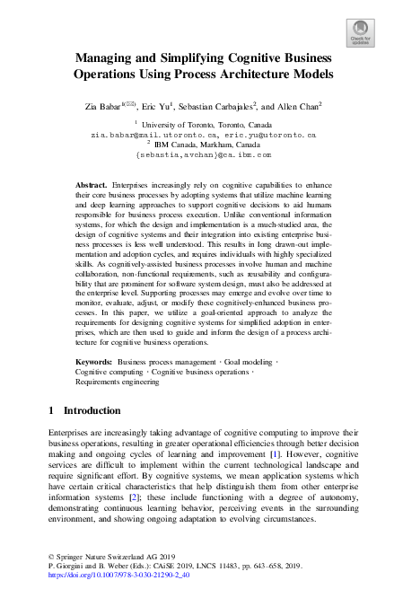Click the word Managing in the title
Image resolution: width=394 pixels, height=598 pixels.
coord(105,57)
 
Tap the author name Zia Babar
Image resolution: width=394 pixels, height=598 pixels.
coord(101,107)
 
